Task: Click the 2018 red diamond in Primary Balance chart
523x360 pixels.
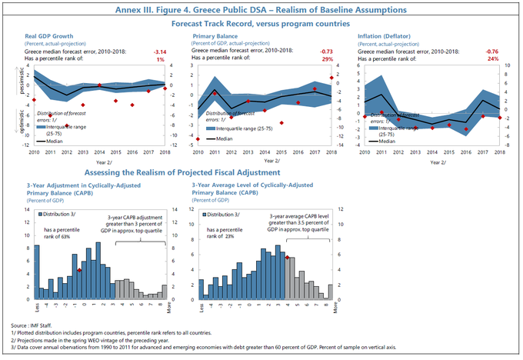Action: pyautogui.click(x=331, y=78)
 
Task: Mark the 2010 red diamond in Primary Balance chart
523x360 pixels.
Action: pyautogui.click(x=198, y=139)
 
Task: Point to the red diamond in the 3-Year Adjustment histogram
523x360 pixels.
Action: pyautogui.click(x=80, y=270)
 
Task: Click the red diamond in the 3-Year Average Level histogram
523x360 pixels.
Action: pyautogui.click(x=287, y=258)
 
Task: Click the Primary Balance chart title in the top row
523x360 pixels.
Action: pyautogui.click(x=219, y=35)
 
